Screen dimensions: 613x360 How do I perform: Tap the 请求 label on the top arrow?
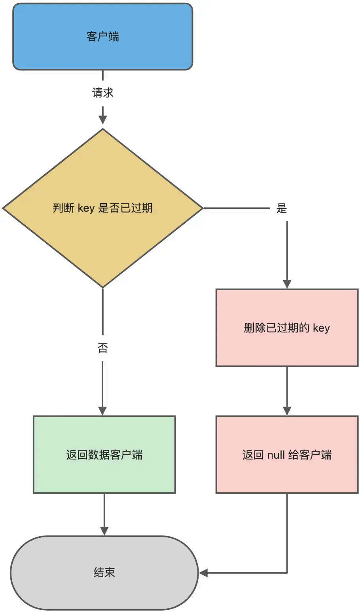102,93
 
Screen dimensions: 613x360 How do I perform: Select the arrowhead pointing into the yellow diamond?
103,120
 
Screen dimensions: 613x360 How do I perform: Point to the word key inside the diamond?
86,208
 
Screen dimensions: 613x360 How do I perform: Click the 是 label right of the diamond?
281,208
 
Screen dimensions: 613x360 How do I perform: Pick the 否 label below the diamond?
102,348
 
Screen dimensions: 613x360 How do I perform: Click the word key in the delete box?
321,328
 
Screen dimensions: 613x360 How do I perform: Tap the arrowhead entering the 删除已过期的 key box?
287,284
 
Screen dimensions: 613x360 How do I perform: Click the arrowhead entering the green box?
102,411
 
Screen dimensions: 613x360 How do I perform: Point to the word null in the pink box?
276,455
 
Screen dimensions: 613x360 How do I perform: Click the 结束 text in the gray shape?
104,572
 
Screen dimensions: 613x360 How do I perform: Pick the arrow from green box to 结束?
104,514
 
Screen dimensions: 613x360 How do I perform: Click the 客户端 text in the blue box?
102,37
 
